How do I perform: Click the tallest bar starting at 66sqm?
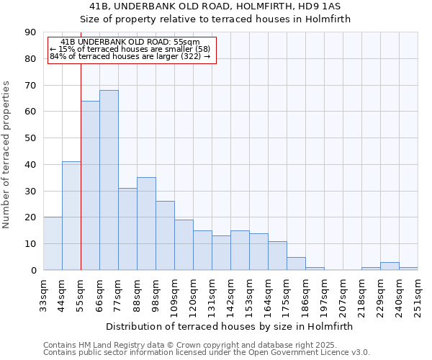point(109,180)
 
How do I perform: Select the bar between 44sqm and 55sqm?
point(71,216)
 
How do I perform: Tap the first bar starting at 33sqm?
point(53,243)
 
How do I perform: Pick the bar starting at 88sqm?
point(146,223)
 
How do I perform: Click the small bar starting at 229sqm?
point(390,266)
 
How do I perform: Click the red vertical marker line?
point(81,166)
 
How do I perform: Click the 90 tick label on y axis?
point(30,32)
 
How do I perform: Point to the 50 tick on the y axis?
point(30,138)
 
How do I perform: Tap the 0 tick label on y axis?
point(33,271)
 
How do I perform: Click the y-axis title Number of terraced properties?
point(7,154)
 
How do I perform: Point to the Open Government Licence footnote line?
point(207,353)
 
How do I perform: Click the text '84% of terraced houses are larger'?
point(130,56)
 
